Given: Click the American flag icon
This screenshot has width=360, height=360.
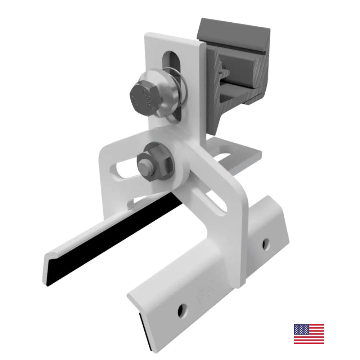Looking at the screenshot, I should pyautogui.click(x=309, y=334).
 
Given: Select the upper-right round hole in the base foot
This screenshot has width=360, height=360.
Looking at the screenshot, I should pyautogui.click(x=265, y=244).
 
